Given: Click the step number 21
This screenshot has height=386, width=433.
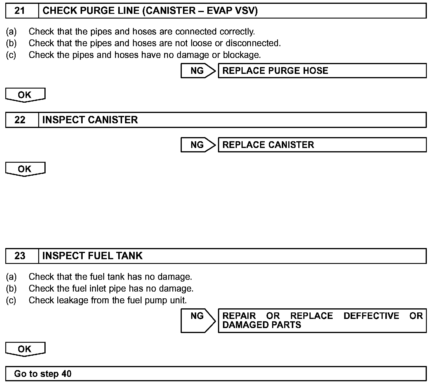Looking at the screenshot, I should [20, 11].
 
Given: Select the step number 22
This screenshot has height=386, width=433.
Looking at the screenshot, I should [20, 120].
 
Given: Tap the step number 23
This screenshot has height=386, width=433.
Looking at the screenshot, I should [20, 256].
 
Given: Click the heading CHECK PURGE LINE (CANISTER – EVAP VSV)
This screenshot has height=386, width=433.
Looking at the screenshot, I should [150, 11].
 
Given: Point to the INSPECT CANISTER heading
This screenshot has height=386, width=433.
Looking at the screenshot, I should [90, 120].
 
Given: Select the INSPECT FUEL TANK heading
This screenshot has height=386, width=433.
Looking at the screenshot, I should [92, 256].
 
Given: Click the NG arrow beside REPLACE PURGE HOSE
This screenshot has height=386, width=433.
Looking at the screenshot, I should [198, 71].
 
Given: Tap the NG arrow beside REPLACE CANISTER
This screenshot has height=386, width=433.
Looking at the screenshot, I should [198, 145].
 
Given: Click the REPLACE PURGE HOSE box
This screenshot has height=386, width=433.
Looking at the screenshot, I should [322, 71].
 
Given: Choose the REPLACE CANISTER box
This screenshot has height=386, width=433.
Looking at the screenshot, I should [322, 145].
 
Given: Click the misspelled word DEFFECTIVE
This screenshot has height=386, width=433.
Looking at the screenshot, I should [371, 316].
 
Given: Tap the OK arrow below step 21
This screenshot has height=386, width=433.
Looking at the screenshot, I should [25, 95].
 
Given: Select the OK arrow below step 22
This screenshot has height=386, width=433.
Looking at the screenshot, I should [25, 169].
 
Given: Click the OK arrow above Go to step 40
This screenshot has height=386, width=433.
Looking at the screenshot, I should [25, 349].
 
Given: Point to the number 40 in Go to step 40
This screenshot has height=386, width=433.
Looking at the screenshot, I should [66, 374].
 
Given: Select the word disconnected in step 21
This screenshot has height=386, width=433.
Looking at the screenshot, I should [253, 43].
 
